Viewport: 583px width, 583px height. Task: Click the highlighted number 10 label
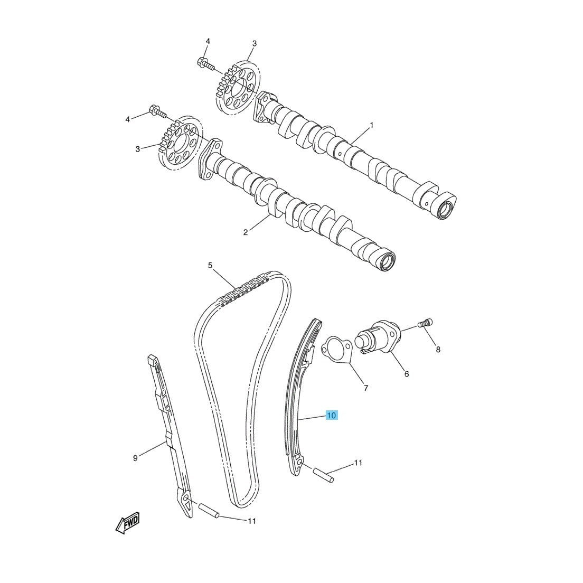click(331, 415)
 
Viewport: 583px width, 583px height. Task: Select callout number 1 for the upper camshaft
click(371, 125)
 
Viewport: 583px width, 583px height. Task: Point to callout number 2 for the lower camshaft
click(246, 232)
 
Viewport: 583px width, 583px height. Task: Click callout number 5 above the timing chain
click(210, 265)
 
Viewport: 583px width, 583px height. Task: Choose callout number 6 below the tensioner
click(407, 374)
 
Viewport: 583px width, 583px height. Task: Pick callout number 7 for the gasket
click(365, 388)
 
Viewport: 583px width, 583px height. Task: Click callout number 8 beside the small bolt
click(438, 350)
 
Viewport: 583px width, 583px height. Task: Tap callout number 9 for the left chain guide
click(135, 458)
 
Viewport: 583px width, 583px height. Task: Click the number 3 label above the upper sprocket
click(255, 43)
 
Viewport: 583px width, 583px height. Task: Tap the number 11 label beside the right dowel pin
click(358, 463)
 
